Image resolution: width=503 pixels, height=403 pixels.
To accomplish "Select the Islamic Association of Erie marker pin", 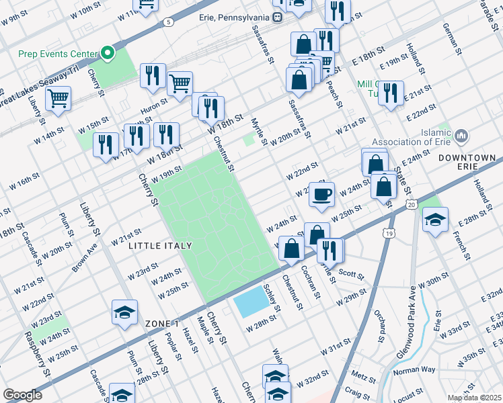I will (461, 137).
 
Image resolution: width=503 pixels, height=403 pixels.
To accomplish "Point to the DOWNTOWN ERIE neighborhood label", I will (466, 158).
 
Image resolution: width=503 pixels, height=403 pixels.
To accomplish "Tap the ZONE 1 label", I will (161, 324).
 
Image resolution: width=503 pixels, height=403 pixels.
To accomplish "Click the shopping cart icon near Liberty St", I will (59, 98).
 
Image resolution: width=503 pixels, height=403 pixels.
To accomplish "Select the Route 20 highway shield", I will (412, 204).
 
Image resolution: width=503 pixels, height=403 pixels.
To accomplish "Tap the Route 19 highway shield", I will (389, 233).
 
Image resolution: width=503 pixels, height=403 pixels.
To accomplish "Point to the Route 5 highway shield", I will (167, 22).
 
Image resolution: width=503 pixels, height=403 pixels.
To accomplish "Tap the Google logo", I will (22, 395).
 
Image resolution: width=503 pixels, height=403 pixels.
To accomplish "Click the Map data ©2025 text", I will (474, 398).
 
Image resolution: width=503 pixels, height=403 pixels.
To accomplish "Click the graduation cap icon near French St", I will (435, 220).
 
